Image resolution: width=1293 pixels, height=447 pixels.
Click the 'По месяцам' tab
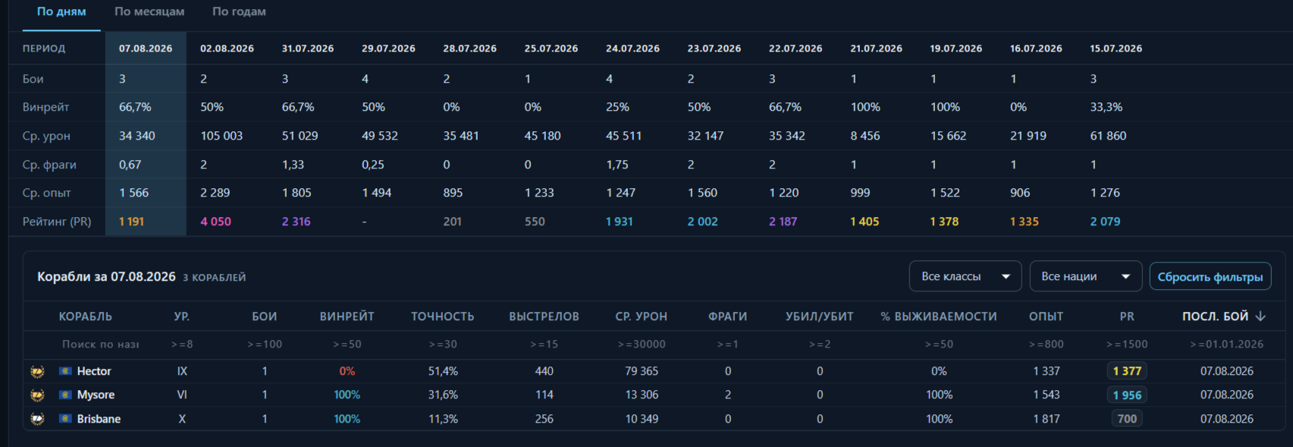tap(149, 11)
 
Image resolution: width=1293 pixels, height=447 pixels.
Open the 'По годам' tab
tap(239, 11)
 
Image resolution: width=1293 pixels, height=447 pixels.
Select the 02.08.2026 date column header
tap(227, 49)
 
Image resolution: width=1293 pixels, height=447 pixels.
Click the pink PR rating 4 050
tap(215, 221)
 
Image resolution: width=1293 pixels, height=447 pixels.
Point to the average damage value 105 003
tap(221, 136)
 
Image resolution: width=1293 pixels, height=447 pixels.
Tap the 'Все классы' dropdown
tap(965, 277)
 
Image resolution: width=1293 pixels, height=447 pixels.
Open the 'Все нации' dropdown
tap(1085, 277)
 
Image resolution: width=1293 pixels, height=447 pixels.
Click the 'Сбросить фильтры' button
tap(1210, 277)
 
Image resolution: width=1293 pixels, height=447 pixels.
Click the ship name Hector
tap(94, 371)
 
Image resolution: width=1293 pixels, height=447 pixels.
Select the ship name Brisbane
tap(99, 419)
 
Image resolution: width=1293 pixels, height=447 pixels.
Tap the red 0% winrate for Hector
tap(347, 371)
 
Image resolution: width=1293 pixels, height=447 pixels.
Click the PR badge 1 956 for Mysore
tap(1127, 395)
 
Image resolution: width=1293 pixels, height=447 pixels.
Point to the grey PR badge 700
tap(1127, 419)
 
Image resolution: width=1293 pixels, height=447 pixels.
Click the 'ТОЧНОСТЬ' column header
tap(442, 316)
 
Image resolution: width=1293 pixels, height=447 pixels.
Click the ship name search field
tap(100, 345)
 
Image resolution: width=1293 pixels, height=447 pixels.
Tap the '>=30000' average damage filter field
tap(642, 345)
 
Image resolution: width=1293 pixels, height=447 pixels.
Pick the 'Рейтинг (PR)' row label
tap(57, 221)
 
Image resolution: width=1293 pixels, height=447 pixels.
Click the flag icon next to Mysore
tap(65, 395)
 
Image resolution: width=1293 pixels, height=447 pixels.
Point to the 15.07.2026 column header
tap(1116, 49)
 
